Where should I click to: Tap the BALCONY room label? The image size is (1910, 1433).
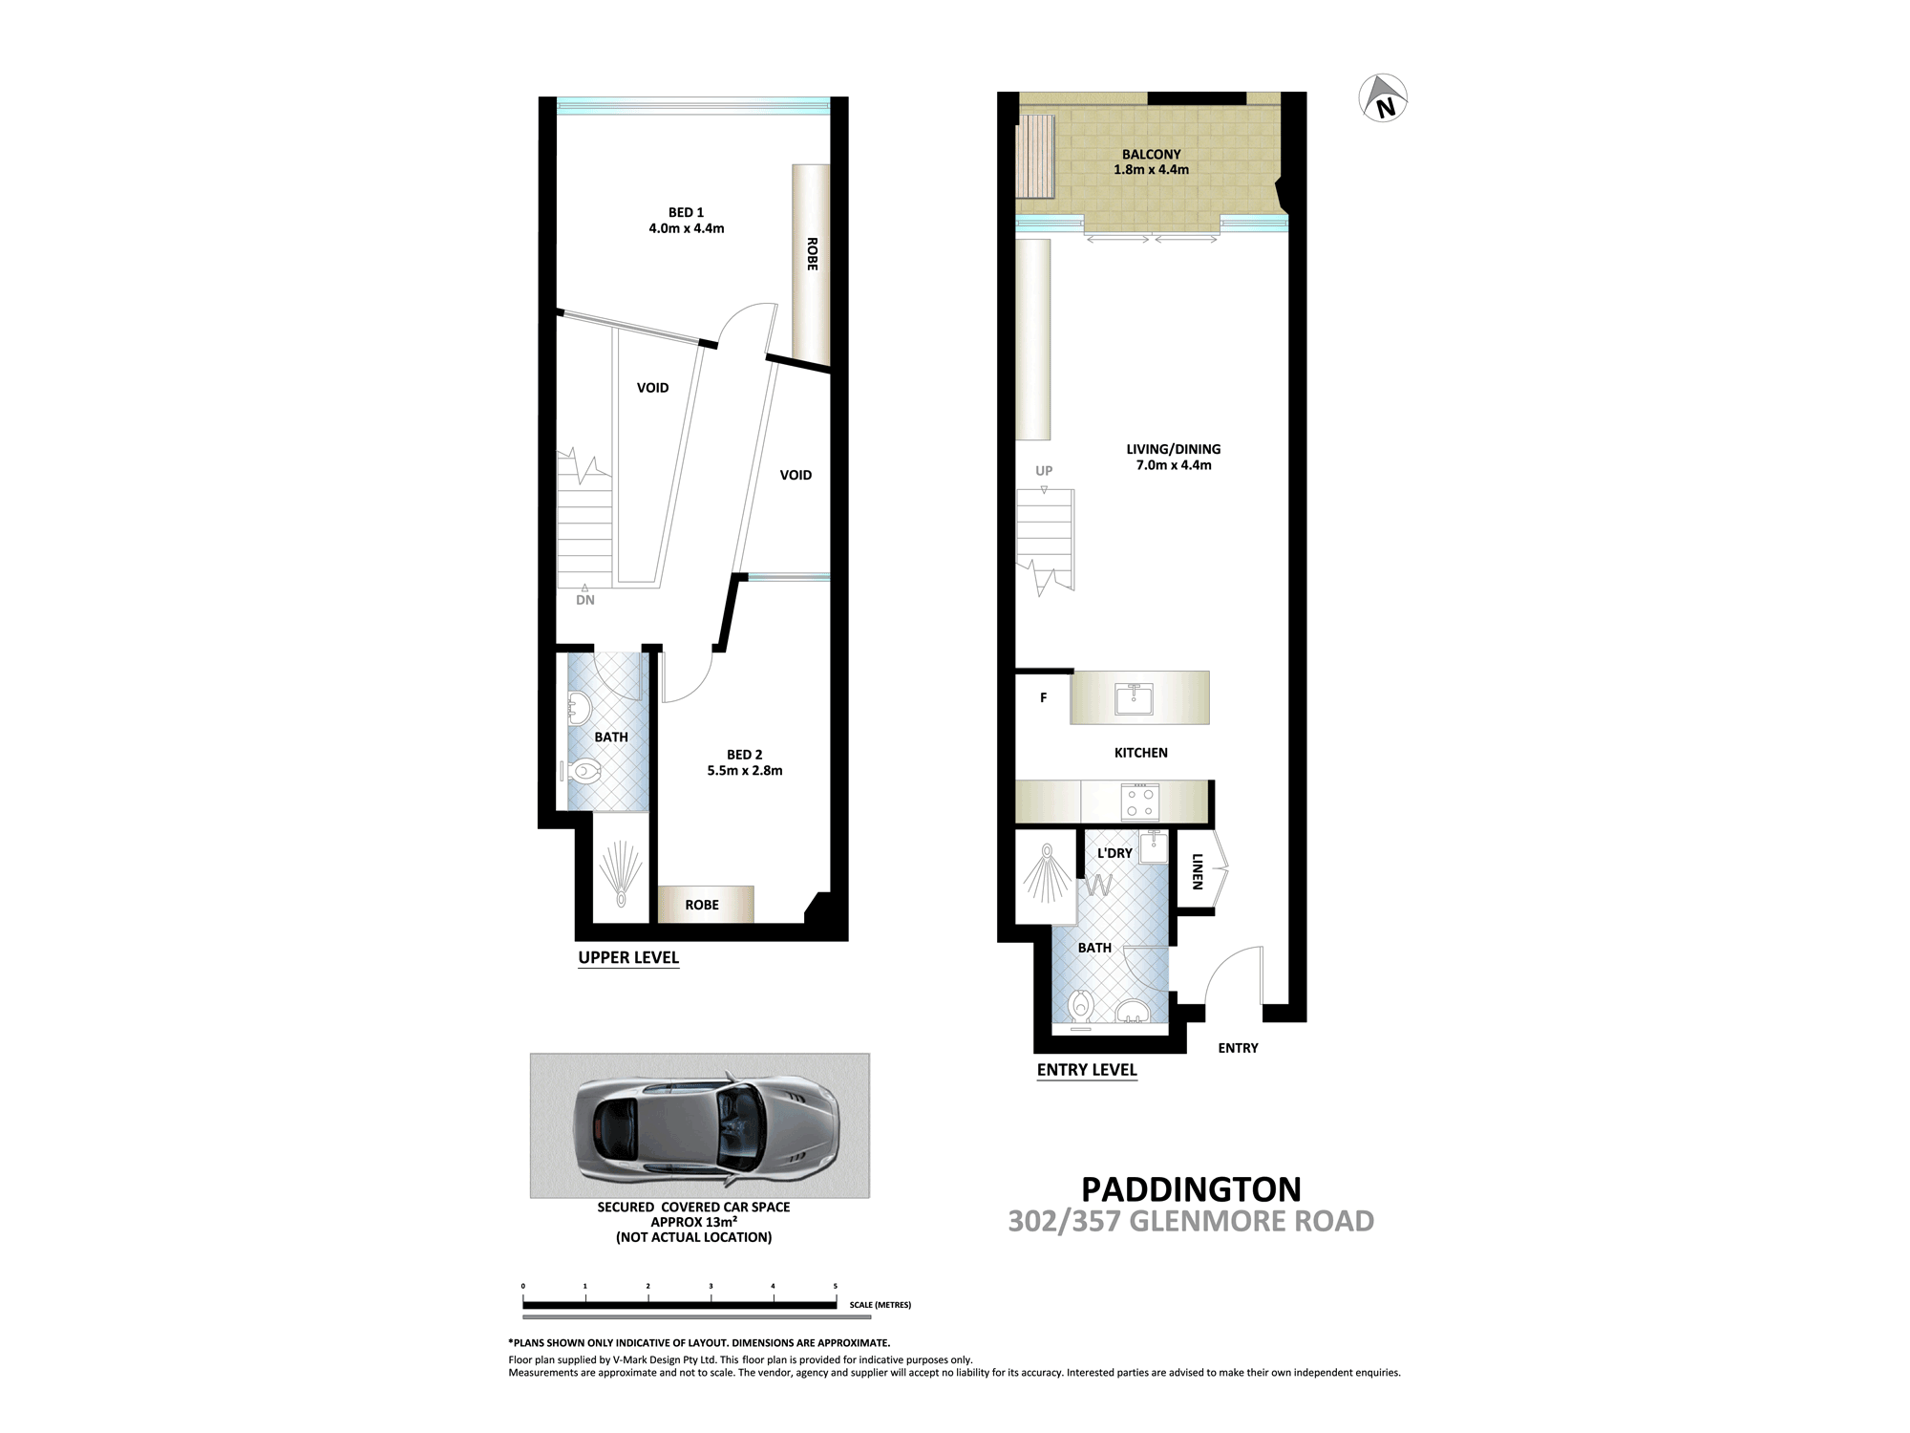pyautogui.click(x=1151, y=154)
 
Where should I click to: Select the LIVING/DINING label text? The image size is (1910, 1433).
pyautogui.click(x=1173, y=449)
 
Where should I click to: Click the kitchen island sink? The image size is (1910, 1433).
pyautogui.click(x=1134, y=699)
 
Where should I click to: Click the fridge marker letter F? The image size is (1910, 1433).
pyautogui.click(x=1043, y=698)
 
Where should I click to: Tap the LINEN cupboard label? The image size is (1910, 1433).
pyautogui.click(x=1197, y=871)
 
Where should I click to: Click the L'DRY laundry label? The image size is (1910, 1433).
pyautogui.click(x=1114, y=853)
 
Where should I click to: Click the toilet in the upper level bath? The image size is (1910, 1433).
pyautogui.click(x=584, y=770)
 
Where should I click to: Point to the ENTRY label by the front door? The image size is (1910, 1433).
pyautogui.click(x=1238, y=1048)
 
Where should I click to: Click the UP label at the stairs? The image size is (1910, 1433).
pyautogui.click(x=1044, y=471)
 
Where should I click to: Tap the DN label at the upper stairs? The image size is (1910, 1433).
pyautogui.click(x=585, y=600)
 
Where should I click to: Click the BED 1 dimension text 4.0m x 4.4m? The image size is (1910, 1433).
pyautogui.click(x=686, y=228)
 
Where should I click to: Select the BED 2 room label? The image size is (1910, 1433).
pyautogui.click(x=744, y=755)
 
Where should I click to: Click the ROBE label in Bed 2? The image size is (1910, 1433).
pyautogui.click(x=702, y=905)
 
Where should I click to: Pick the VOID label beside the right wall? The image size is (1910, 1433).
pyautogui.click(x=796, y=475)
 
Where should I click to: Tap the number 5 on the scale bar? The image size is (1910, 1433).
pyautogui.click(x=836, y=1286)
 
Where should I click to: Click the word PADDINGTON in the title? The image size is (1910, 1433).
pyautogui.click(x=1191, y=1189)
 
